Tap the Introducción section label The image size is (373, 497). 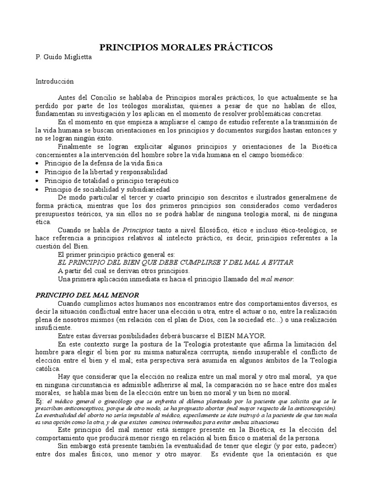pos(54,82)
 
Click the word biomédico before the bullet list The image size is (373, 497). pos(285,155)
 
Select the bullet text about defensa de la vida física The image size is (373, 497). pos(103,163)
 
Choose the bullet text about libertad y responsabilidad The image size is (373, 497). pos(106,172)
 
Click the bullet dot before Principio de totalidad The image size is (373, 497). pos(38,181)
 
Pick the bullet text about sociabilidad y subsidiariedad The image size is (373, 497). pos(107,189)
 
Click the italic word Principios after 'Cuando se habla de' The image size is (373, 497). pos(137,229)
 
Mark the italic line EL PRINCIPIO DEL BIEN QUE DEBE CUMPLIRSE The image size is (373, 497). pos(175,262)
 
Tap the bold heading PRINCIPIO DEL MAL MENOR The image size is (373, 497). pos(88,295)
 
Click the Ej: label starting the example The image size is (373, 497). pos(40,401)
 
